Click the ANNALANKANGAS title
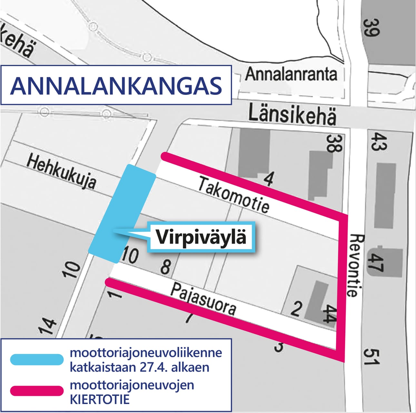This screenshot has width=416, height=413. coord(116,86)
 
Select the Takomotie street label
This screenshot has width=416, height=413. coord(233,194)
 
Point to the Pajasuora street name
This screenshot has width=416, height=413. coord(203,299)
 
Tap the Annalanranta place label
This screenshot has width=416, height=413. coord(291,74)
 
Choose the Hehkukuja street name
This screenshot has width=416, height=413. coord(61,171)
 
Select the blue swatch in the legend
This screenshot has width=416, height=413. coord(36,359)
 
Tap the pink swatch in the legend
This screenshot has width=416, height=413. coord(36,391)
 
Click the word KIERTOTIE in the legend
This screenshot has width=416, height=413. coord(100,399)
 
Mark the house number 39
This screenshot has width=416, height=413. coord(372,27)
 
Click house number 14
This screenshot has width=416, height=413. coord(48,327)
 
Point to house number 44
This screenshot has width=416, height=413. coord(329,314)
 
